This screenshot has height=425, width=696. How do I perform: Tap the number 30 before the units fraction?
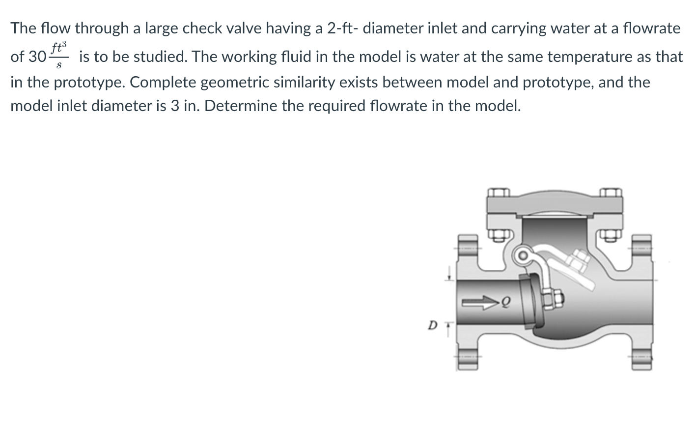[x=37, y=57]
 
